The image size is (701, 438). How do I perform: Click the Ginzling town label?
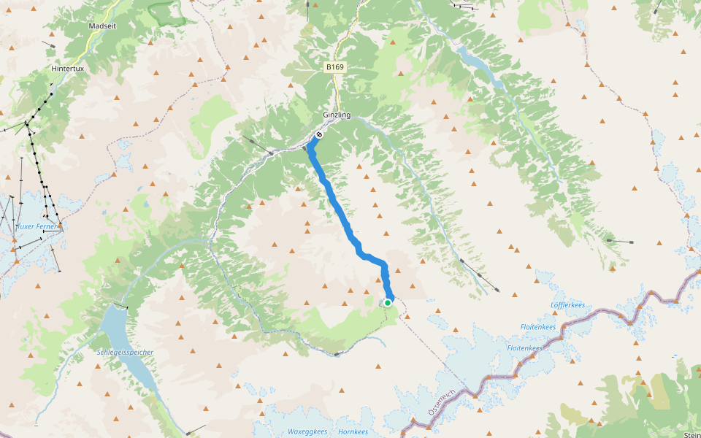[x=337, y=115]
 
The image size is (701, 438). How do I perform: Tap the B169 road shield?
[x=335, y=67]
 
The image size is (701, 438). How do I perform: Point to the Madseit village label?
[x=102, y=26]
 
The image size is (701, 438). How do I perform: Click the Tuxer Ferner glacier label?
[x=36, y=227]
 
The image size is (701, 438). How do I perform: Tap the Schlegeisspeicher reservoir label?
[x=125, y=353]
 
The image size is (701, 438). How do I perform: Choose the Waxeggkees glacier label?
[x=307, y=431]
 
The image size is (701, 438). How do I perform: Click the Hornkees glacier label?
[x=353, y=431]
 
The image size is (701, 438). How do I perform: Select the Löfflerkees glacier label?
[x=568, y=304]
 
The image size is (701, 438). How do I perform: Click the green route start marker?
[x=388, y=302]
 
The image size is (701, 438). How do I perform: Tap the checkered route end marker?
[x=319, y=135]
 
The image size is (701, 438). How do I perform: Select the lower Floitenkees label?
[x=525, y=348]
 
